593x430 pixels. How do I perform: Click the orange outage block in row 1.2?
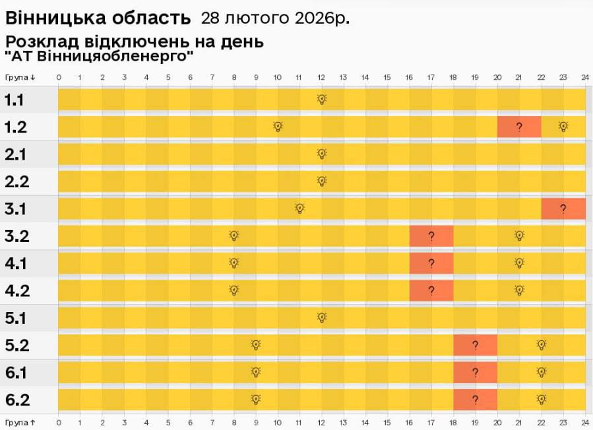pos(519,127)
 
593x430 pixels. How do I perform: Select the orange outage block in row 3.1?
pos(563,208)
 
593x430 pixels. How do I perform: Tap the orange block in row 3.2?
pos(431,235)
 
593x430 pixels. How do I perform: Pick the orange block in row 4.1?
pos(431,263)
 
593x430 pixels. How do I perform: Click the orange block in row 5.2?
pos(475,344)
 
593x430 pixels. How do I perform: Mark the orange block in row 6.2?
pos(475,399)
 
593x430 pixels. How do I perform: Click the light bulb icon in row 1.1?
pos(322,100)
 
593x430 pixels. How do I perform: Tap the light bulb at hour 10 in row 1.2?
pos(278,126)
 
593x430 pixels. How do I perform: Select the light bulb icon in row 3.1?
pos(299,208)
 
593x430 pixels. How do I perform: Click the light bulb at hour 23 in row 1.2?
pos(563,126)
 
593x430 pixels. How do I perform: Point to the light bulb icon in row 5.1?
pos(322,317)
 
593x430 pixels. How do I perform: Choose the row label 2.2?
pos(16,181)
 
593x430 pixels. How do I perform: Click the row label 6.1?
pos(16,373)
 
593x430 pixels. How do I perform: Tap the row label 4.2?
pos(16,290)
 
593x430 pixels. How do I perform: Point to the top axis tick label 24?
pos(584,77)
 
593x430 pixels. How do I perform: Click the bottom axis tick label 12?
pos(321,421)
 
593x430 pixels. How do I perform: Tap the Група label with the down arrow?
pos(20,77)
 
